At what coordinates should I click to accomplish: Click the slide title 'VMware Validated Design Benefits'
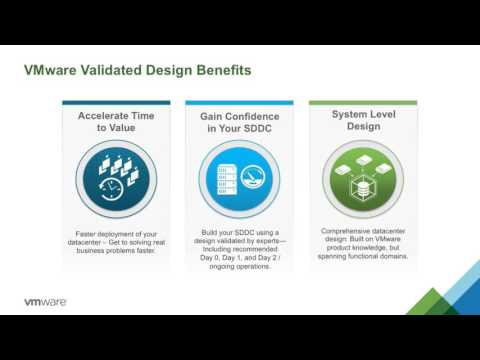click(137, 71)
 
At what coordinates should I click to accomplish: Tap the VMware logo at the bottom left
click(45, 301)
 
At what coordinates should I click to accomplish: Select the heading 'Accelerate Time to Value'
click(117, 122)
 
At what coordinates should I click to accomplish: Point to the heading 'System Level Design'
click(363, 121)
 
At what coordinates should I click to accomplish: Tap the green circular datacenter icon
click(363, 178)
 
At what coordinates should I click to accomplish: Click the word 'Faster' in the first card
click(89, 233)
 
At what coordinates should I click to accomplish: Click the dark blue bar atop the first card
click(117, 102)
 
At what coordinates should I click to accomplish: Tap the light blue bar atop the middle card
click(240, 102)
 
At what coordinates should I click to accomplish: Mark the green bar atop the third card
click(363, 102)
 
